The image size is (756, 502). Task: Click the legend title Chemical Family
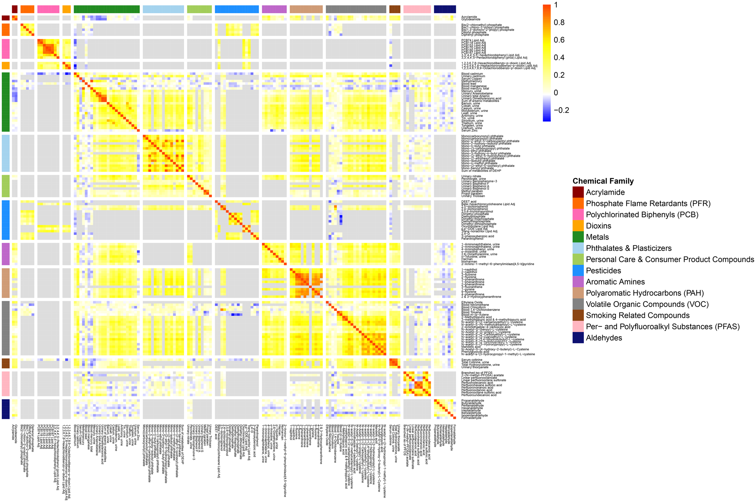[603, 181]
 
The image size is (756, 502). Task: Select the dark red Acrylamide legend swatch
[578, 192]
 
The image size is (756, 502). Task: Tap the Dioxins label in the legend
[598, 226]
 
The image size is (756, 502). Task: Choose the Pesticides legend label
[603, 271]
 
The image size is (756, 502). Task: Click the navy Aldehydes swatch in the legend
[578, 338]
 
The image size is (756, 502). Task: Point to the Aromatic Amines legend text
[615, 282]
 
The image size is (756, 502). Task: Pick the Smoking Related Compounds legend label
[637, 315]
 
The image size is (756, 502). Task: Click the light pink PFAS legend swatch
[578, 326]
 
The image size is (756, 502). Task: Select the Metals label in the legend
[597, 237]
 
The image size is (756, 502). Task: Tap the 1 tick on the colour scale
[556, 5]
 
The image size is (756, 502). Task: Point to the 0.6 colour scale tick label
[559, 40]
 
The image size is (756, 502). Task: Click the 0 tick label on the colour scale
[556, 93]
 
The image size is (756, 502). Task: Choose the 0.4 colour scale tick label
[559, 58]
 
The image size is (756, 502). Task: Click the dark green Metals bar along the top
[106, 9]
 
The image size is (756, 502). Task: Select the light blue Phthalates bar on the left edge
[5, 153]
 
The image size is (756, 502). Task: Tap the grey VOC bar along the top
[355, 9]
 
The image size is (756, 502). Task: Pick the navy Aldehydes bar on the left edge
[5, 409]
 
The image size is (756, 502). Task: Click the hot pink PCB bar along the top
[48, 9]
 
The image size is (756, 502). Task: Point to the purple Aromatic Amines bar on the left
[5, 254]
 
